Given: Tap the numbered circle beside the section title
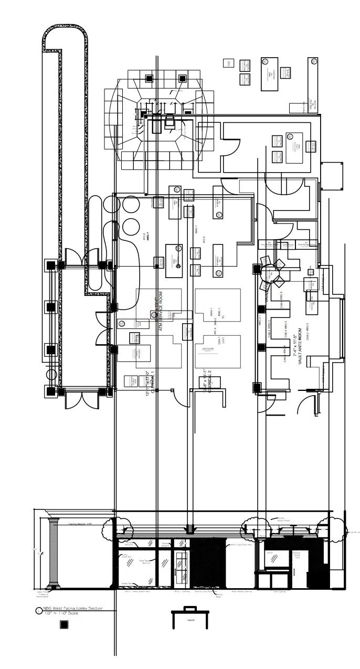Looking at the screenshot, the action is coord(38,611).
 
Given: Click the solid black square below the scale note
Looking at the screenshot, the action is coord(64,624).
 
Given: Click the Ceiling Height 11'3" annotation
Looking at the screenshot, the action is coord(80,524).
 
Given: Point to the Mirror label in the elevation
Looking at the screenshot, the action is coord(270,553).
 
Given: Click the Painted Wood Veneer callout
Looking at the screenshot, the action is coord(283,519).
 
